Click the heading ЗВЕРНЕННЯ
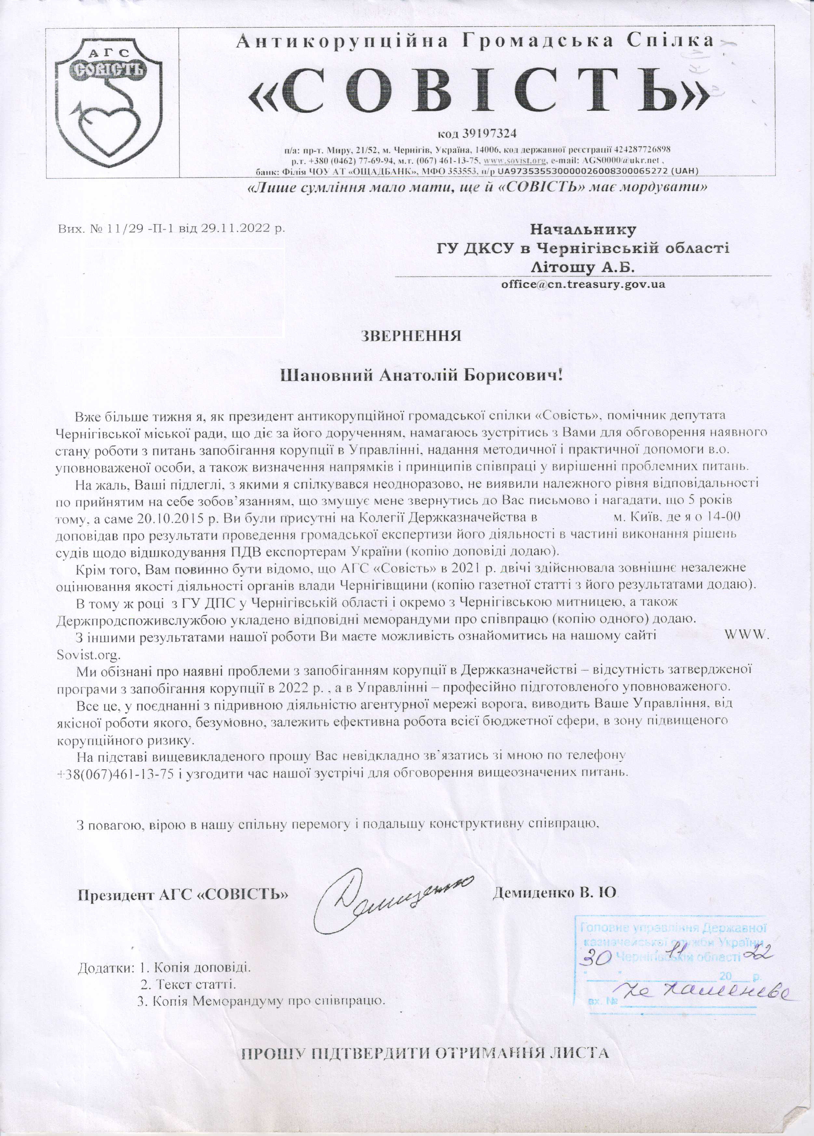411,335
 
